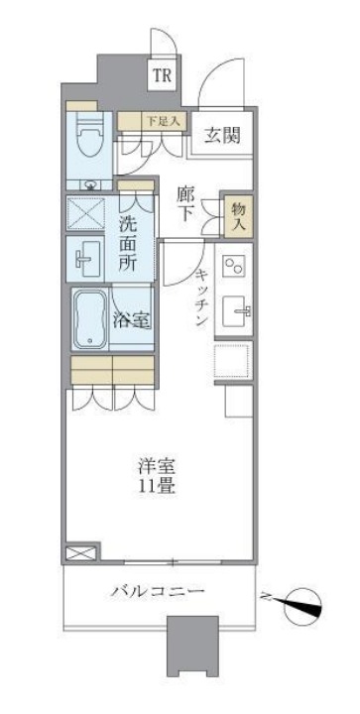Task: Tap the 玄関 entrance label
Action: point(224,136)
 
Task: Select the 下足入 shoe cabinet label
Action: point(161,121)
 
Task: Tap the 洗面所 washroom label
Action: point(129,243)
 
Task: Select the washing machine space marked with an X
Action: point(86,213)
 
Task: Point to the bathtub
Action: point(90,319)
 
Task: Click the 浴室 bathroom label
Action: point(131,320)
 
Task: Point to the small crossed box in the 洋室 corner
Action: point(80,553)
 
